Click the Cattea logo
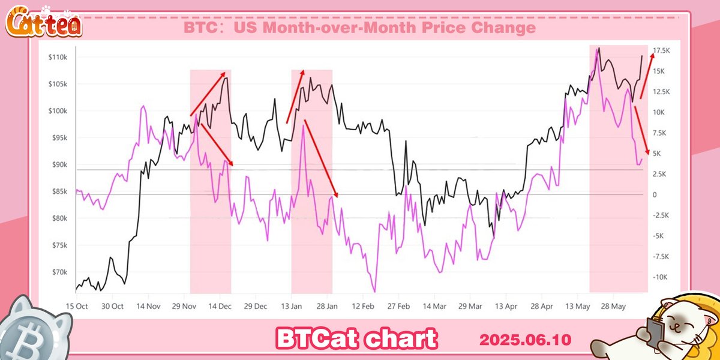click(43, 24)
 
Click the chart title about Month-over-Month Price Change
click(359, 28)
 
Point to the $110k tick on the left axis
click(58, 57)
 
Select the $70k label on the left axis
click(59, 272)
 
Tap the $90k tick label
click(59, 165)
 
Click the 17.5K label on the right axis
click(662, 51)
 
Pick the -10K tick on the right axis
click(661, 277)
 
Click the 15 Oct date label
click(77, 306)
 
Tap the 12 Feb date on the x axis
click(362, 306)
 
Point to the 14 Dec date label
click(220, 306)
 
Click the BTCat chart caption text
click(356, 338)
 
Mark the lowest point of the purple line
click(376, 292)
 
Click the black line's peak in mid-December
click(226, 78)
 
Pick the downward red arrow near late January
click(321, 158)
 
